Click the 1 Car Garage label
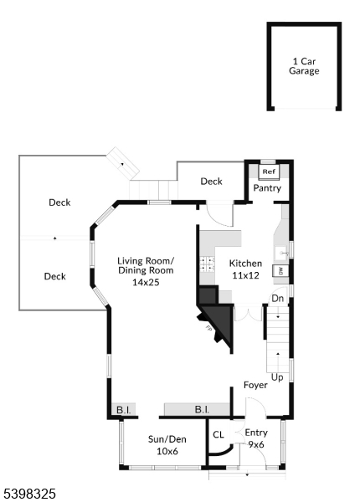304,66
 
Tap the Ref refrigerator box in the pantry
268,171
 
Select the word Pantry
268,188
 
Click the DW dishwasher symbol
282,270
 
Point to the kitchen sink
282,250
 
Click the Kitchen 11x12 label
246,269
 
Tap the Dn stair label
278,298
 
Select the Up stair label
278,377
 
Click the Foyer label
255,386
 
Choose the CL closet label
219,435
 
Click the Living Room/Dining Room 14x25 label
146,271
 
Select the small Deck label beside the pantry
211,181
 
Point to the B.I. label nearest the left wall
123,410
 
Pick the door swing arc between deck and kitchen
219,215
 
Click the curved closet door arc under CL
219,449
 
